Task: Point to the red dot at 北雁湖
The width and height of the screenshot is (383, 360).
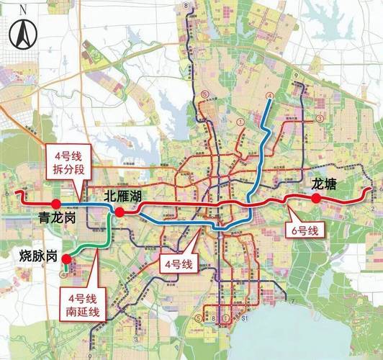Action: [120, 212]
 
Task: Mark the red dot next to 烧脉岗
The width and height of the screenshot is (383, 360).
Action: [66, 260]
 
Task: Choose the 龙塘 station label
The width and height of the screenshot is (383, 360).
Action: [323, 184]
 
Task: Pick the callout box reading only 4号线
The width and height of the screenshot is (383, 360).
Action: [177, 264]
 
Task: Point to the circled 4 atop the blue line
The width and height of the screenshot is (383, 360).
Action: [269, 96]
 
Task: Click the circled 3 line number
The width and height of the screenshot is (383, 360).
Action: [318, 120]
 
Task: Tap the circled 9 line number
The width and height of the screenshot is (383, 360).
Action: [295, 76]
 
